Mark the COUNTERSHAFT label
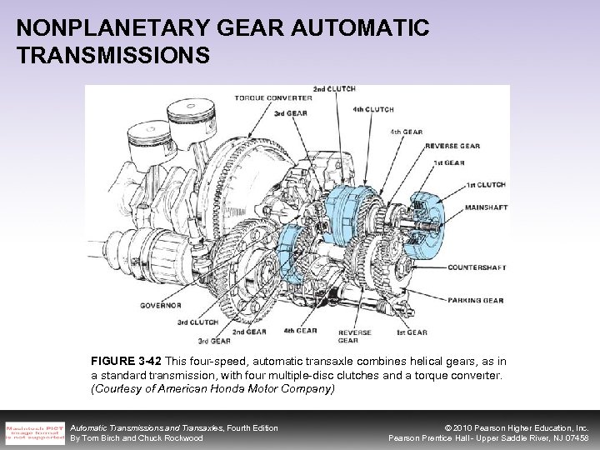pos(477,267)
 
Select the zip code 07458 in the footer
pos(574,437)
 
